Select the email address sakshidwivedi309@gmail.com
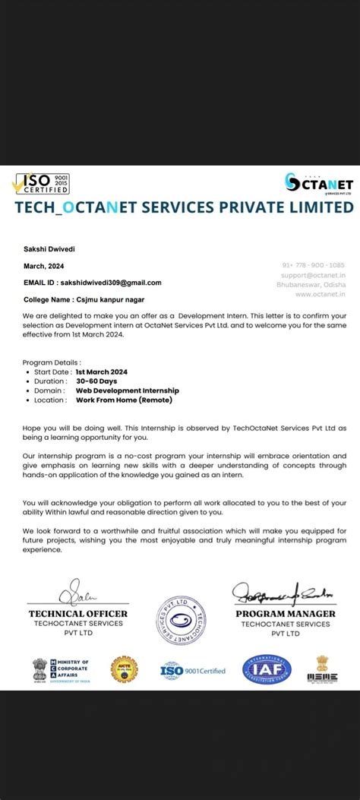(110, 283)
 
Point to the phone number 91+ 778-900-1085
(314, 265)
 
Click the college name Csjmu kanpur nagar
(93, 300)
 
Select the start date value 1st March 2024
(101, 372)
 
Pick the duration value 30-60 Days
(96, 381)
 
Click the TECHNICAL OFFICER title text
(77, 614)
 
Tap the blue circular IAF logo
(267, 669)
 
